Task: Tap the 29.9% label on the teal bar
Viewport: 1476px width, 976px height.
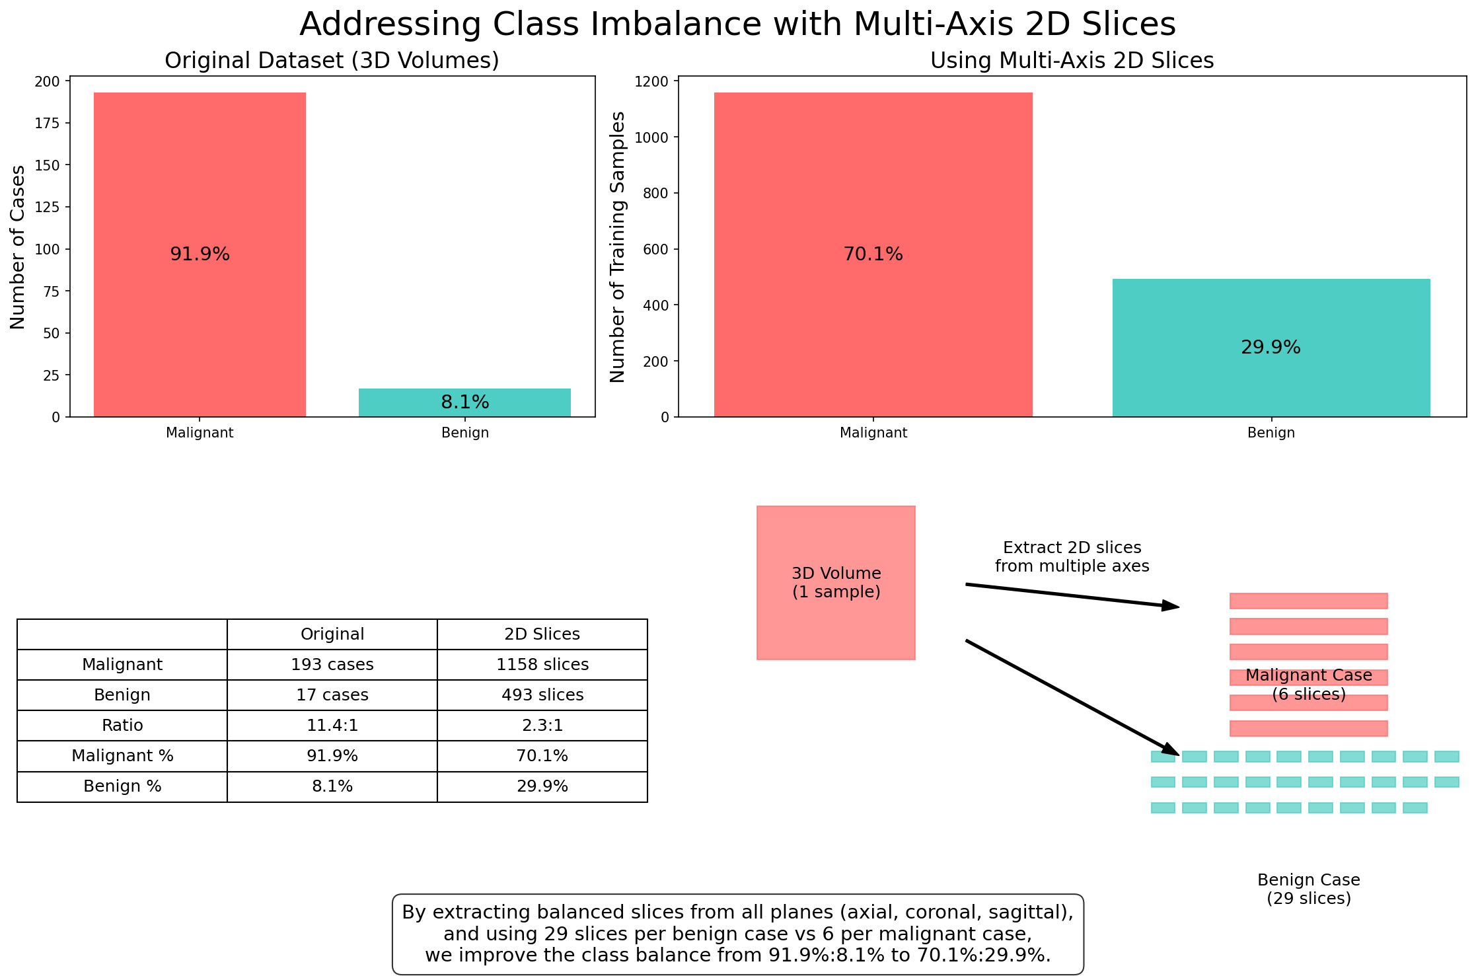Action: pyautogui.click(x=1271, y=348)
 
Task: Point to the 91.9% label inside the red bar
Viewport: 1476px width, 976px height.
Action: pyautogui.click(x=200, y=254)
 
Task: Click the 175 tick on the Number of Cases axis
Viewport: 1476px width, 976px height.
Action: pyautogui.click(x=51, y=124)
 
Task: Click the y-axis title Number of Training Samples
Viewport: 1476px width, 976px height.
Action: pyautogui.click(x=618, y=246)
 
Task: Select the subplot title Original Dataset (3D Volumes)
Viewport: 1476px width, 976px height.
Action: pyautogui.click(x=332, y=61)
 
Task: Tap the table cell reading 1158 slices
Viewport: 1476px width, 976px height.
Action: pyautogui.click(x=542, y=665)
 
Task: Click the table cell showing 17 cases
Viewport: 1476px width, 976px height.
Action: pyautogui.click(x=332, y=695)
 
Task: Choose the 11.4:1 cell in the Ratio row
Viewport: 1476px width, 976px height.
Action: pyautogui.click(x=332, y=726)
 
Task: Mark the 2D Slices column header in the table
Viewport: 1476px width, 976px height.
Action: pyautogui.click(x=542, y=634)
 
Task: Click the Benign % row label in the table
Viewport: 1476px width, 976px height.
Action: pyautogui.click(x=122, y=786)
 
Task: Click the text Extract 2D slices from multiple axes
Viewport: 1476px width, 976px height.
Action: pyautogui.click(x=1072, y=557)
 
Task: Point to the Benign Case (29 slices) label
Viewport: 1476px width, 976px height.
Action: pyautogui.click(x=1308, y=889)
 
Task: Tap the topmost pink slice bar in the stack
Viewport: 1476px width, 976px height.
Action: pyautogui.click(x=1308, y=601)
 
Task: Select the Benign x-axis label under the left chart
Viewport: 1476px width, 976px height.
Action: pyautogui.click(x=464, y=433)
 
